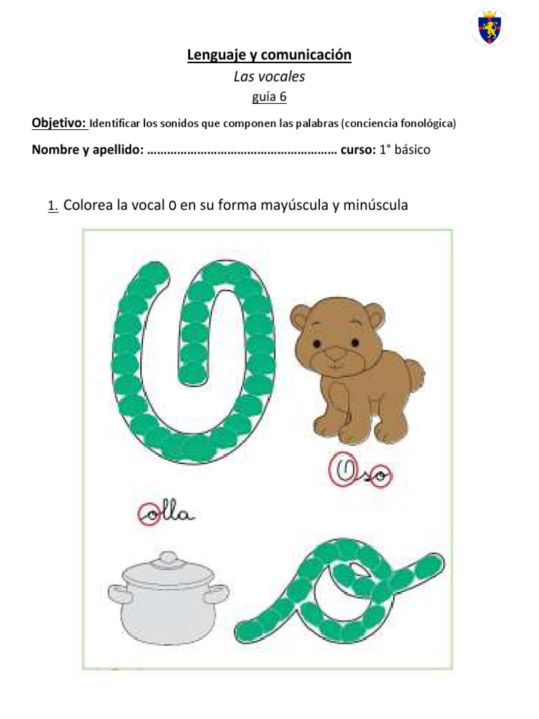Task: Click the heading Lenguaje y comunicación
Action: [269, 55]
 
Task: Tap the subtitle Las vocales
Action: [269, 77]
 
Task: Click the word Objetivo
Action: [59, 124]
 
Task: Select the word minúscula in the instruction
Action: [373, 206]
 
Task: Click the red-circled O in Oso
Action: [345, 472]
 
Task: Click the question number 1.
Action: [52, 206]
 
